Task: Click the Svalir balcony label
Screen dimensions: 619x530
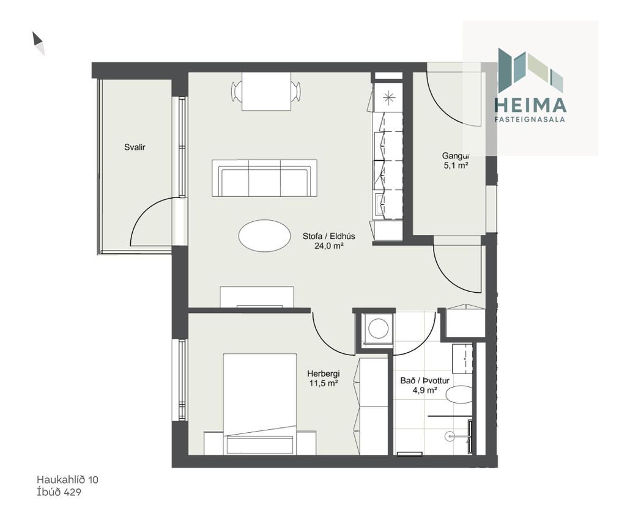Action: (135, 147)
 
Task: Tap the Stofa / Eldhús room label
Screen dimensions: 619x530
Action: (329, 237)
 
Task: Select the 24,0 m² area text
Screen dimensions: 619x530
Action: (328, 246)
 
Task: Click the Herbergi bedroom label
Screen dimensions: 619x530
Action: (324, 374)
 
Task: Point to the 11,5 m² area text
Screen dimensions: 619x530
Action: (324, 383)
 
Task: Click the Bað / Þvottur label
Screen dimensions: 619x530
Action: (424, 381)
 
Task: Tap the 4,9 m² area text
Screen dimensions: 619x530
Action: (424, 390)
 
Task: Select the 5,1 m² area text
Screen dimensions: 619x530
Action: (456, 165)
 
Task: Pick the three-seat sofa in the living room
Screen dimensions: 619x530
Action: (264, 178)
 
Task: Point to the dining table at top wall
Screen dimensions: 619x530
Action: (266, 92)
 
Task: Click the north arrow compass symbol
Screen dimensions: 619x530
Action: (39, 43)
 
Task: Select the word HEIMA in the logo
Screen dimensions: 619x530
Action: (530, 105)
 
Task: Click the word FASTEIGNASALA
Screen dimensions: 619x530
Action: (530, 119)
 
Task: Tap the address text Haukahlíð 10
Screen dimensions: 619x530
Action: (67, 479)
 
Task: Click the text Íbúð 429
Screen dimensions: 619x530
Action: (59, 491)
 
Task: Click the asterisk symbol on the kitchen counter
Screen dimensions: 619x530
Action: (389, 97)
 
